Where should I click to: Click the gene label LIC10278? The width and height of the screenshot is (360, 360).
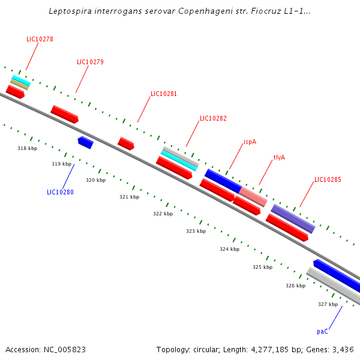tap(40, 39)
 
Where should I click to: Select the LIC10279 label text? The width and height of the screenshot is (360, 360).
tap(90, 62)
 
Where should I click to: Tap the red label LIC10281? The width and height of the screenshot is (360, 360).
tap(164, 94)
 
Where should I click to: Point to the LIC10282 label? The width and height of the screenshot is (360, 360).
tap(213, 119)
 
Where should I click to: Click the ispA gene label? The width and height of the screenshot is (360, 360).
tap(250, 142)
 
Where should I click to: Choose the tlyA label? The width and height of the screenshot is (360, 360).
tap(279, 157)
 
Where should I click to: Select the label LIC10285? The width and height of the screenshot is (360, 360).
tap(328, 179)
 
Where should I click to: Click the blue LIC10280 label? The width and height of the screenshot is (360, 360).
tap(60, 193)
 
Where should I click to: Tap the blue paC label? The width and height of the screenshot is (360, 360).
tap(322, 331)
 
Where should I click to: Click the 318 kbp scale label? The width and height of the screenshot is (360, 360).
tap(27, 148)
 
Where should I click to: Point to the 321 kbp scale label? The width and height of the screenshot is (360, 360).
tap(129, 197)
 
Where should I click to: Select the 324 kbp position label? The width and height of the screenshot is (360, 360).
tap(229, 249)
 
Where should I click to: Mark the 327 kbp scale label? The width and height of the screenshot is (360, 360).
tap(328, 305)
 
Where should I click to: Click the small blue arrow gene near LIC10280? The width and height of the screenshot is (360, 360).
tap(85, 142)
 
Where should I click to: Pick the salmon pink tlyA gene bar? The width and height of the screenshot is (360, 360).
tap(253, 197)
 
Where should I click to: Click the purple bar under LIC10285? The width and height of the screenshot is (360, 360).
tap(293, 218)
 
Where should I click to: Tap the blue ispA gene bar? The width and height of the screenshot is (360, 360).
tap(223, 181)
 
